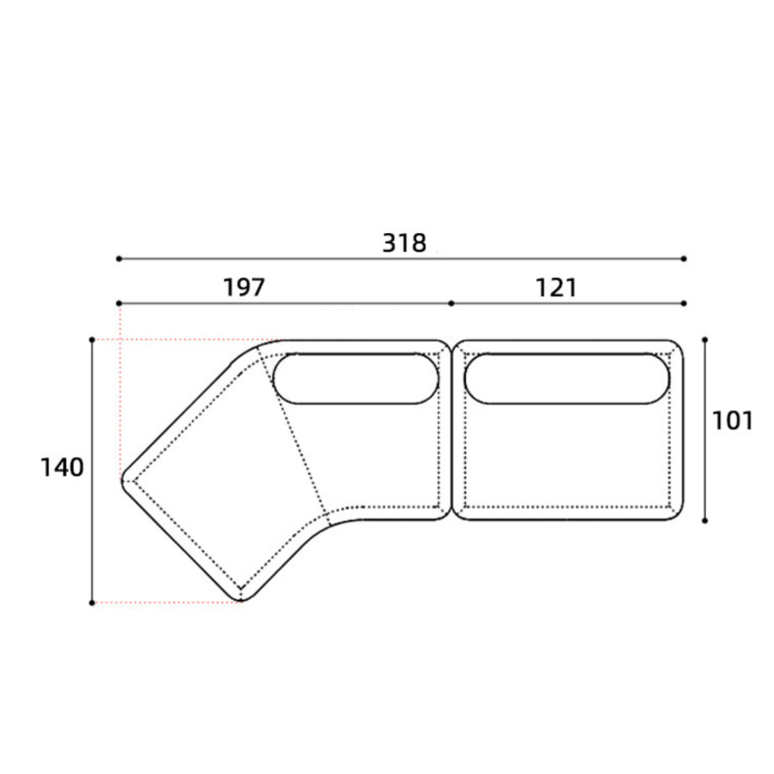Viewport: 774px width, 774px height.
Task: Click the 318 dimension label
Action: [404, 243]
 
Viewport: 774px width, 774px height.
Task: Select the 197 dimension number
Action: [245, 287]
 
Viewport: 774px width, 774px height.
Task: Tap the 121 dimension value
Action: [557, 288]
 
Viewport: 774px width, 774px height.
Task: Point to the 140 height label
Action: [62, 467]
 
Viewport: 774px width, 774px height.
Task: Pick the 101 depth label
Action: [732, 421]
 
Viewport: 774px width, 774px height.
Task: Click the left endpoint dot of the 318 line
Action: [119, 259]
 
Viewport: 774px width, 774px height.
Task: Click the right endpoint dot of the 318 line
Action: [683, 259]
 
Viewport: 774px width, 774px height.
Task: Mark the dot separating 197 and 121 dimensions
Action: [451, 303]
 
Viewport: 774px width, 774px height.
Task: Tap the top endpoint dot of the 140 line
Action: [92, 340]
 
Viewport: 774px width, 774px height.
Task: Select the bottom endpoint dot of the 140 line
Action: [92, 603]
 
